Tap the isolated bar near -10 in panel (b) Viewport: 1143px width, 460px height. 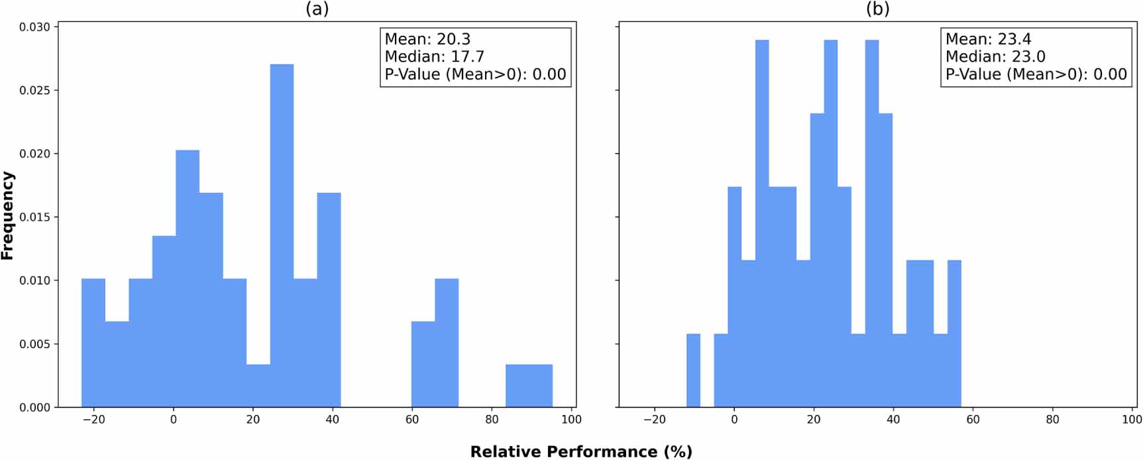click(x=693, y=371)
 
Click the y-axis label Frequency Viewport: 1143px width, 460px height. click(x=7, y=215)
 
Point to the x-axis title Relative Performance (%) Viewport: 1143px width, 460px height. click(x=581, y=452)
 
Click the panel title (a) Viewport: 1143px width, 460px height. click(x=317, y=9)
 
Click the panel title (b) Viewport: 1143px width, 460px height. click(x=877, y=9)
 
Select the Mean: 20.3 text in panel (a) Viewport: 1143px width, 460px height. click(x=427, y=39)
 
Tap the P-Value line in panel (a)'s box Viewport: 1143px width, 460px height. click(x=475, y=74)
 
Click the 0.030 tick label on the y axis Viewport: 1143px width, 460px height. click(x=34, y=27)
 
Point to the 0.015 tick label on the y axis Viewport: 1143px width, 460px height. click(x=34, y=217)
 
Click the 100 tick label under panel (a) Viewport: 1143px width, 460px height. click(x=571, y=420)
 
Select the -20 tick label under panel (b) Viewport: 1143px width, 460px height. click(x=655, y=420)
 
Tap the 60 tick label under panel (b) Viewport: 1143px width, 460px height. click(x=973, y=420)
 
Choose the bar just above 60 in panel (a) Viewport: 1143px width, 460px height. click(x=423, y=365)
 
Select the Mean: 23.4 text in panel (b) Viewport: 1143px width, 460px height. click(x=988, y=39)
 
